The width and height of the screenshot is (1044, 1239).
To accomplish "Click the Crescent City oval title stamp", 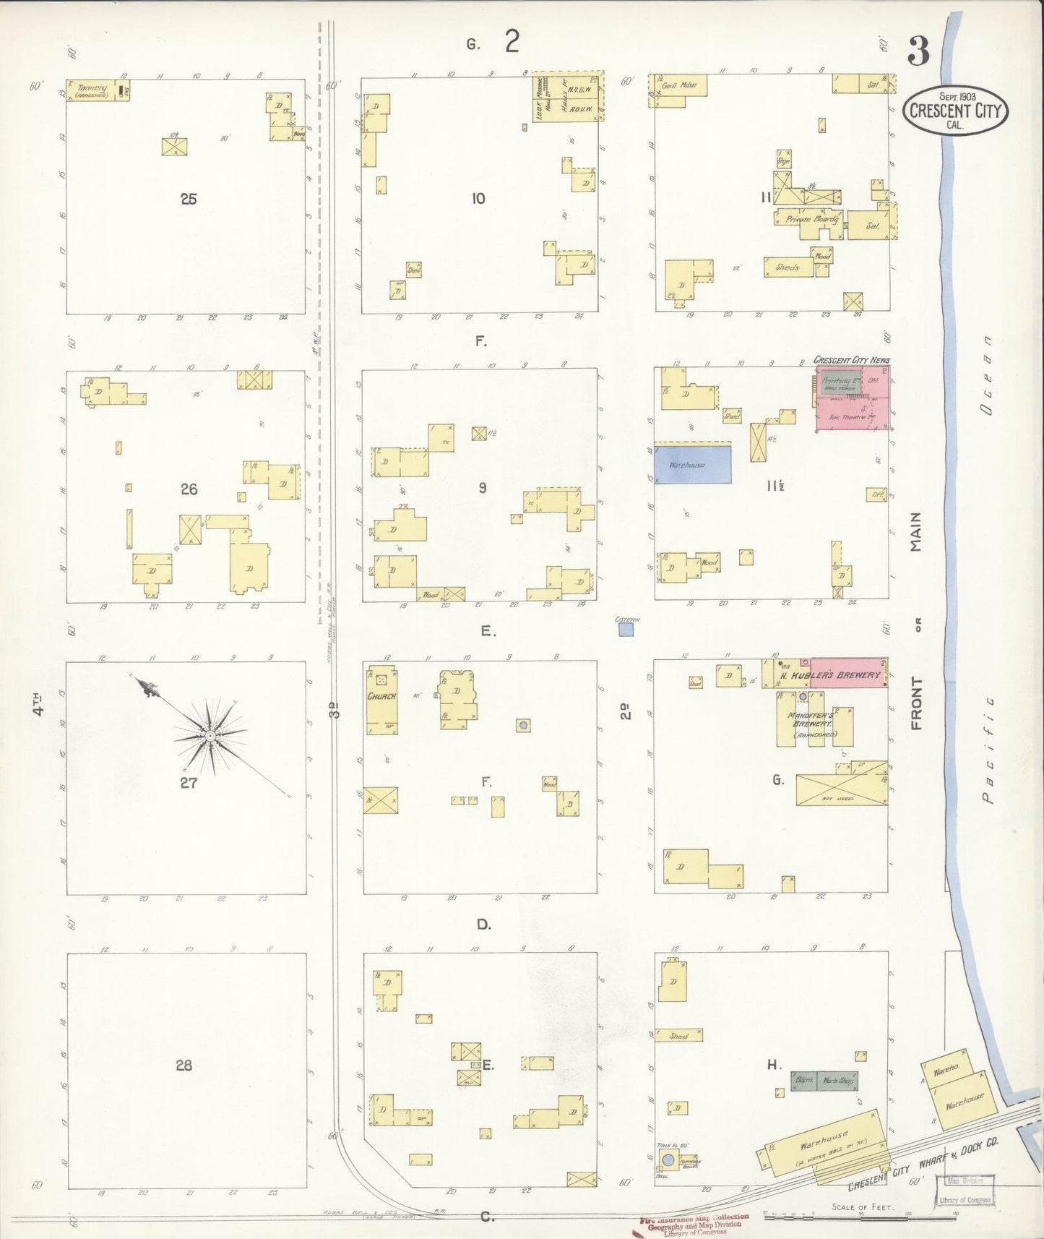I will (955, 110).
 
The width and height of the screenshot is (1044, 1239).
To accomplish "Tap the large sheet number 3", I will (918, 52).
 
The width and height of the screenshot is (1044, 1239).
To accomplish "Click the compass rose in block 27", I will (210, 735).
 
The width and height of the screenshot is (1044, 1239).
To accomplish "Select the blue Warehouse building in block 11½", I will (692, 464).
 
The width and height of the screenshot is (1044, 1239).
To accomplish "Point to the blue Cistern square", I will (626, 630).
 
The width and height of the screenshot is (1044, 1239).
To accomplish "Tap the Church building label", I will (381, 696).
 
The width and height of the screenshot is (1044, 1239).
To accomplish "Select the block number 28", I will (184, 1065).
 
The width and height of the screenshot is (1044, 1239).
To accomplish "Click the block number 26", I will (189, 489).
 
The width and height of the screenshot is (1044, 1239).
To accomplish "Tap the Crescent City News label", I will (851, 359).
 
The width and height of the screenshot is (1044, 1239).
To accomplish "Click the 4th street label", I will (38, 705).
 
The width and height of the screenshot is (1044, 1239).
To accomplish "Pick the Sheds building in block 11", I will (788, 267).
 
